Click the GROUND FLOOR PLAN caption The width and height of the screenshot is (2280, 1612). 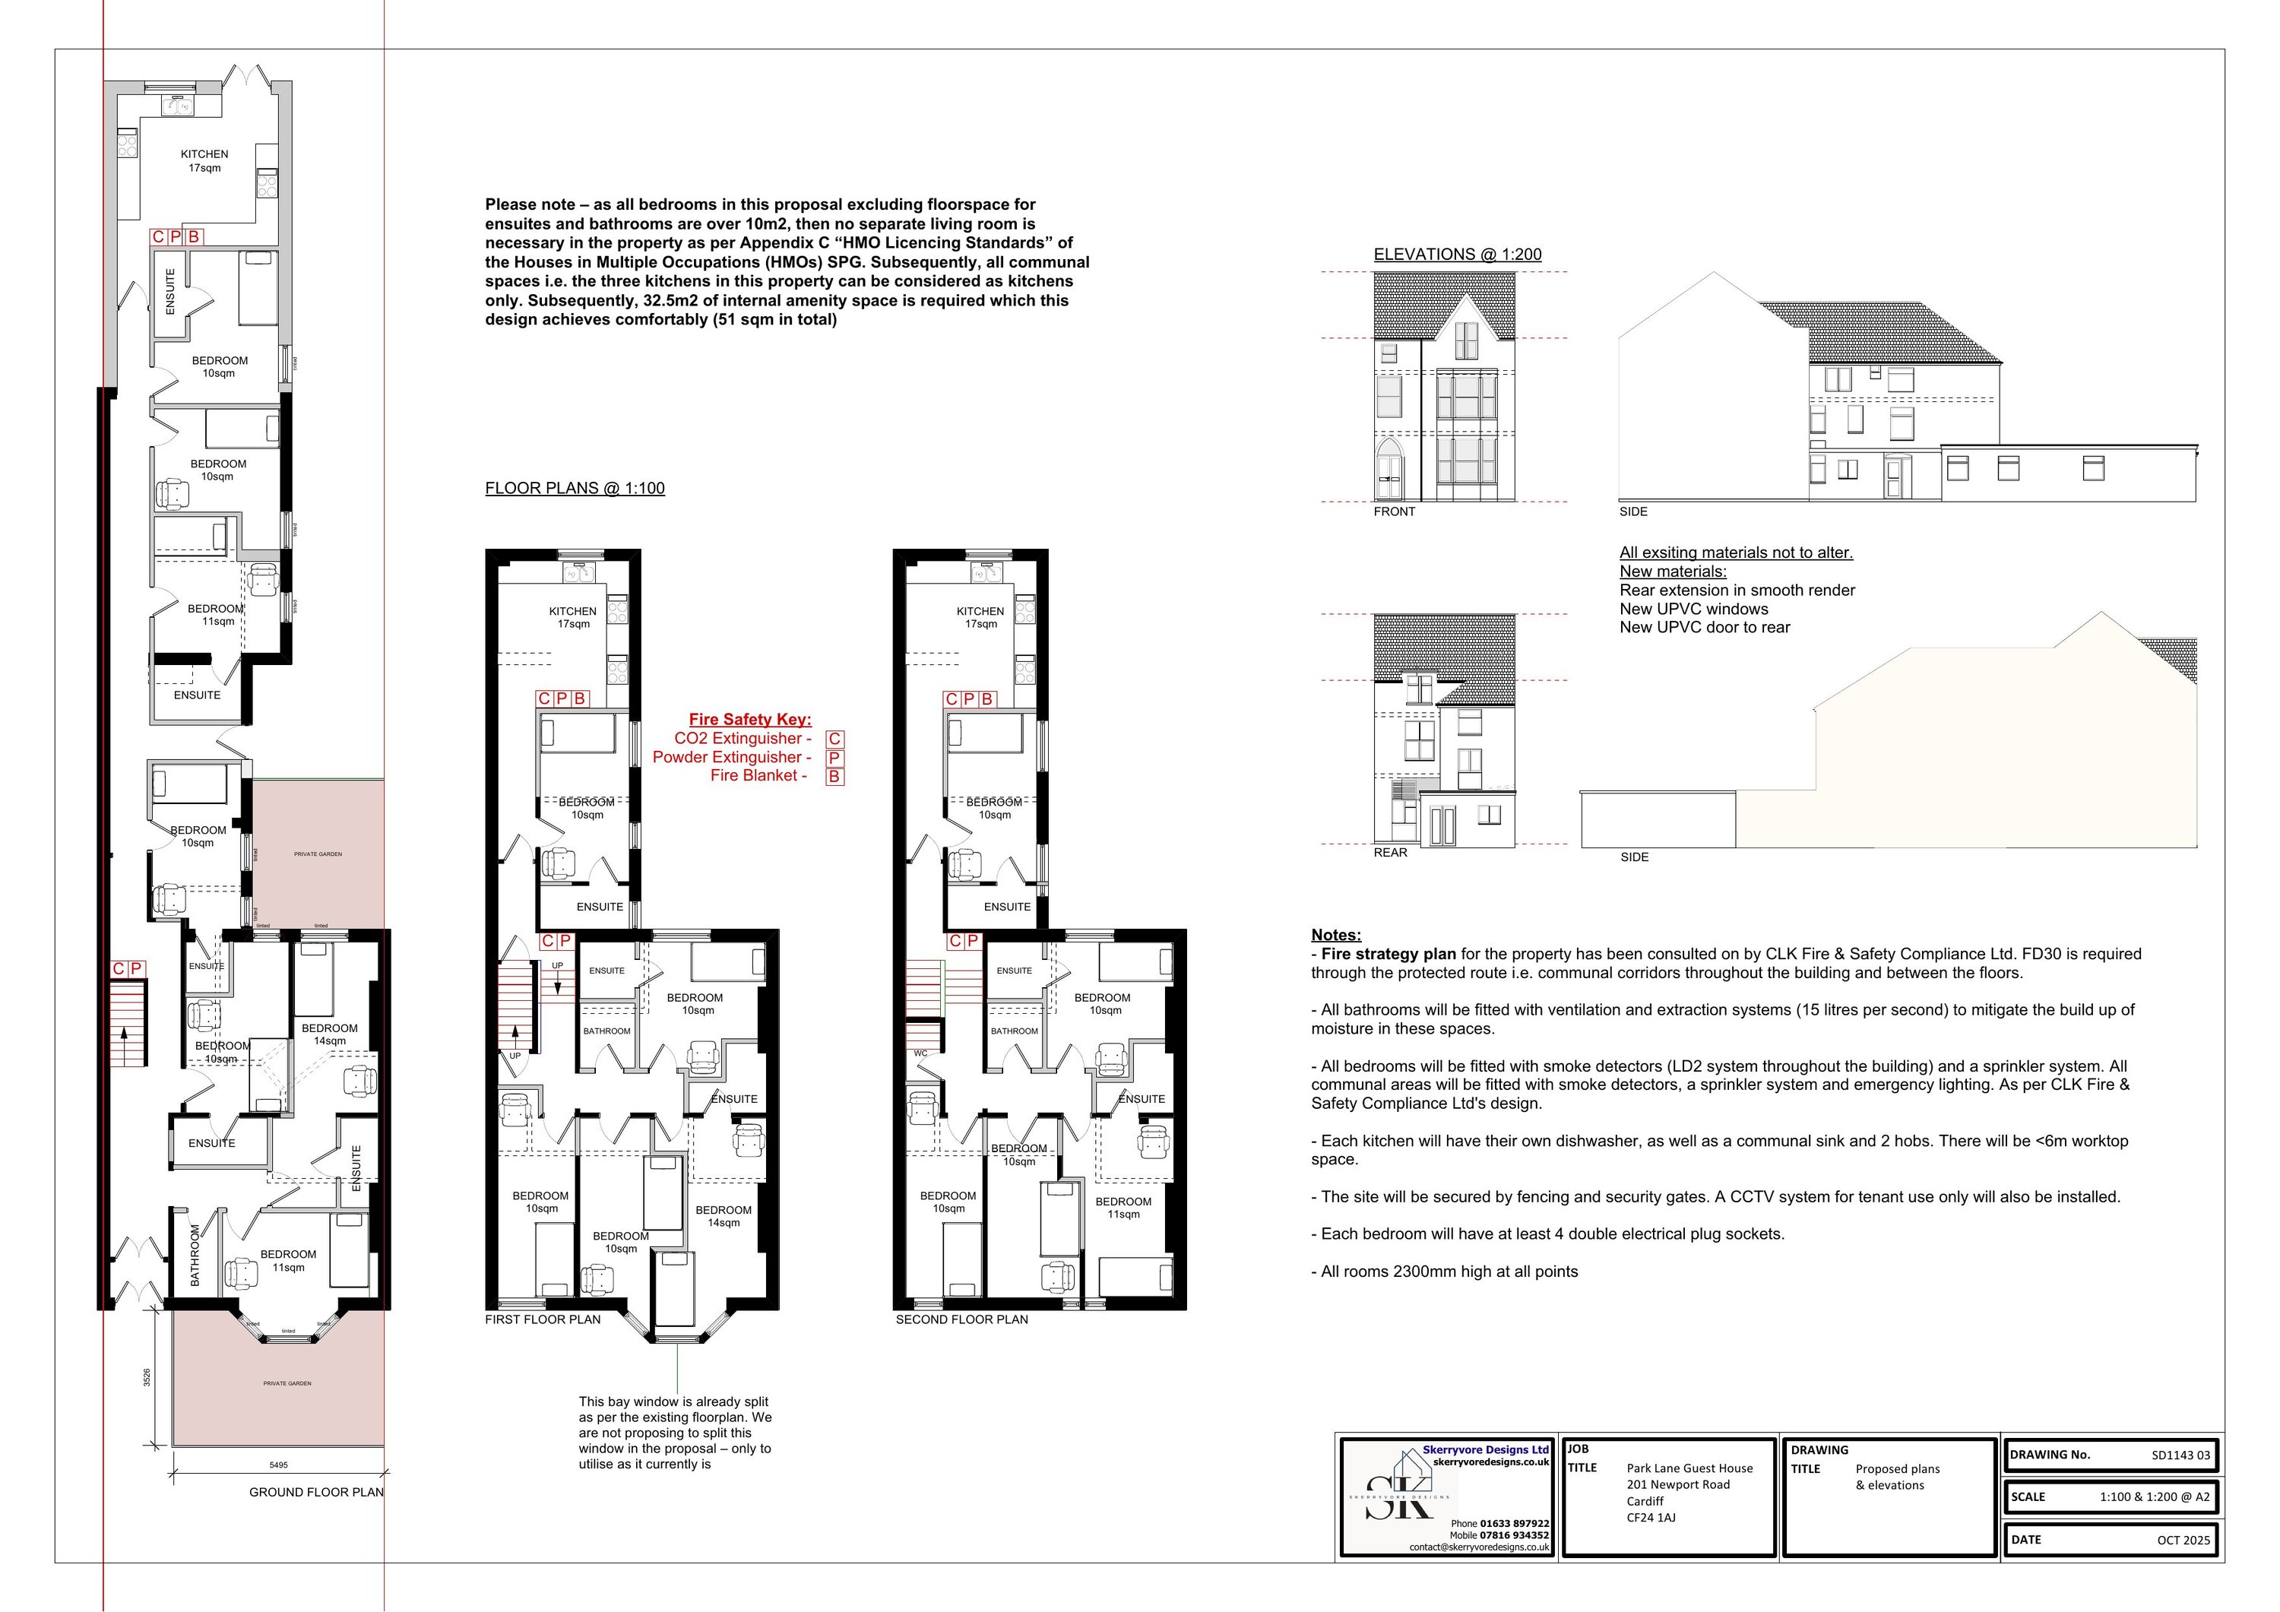point(316,1492)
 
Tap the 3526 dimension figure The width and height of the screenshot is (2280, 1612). point(147,1378)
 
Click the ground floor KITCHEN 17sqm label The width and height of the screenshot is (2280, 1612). point(204,161)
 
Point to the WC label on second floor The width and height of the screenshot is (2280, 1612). point(920,1053)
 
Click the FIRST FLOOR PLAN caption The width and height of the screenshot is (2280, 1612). point(542,1319)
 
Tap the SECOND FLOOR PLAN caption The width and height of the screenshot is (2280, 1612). point(961,1319)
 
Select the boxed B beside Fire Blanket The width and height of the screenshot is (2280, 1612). point(835,777)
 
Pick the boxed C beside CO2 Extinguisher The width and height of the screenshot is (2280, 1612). point(835,739)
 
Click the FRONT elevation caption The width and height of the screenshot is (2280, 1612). point(1394,511)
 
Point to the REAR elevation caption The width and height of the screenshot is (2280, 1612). point(1390,852)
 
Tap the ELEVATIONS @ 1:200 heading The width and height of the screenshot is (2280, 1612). point(1457,255)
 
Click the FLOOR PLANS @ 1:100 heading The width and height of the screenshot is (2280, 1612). point(574,488)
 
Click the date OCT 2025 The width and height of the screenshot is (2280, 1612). point(2183,1540)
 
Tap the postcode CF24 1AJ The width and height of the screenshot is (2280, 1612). point(1651,1518)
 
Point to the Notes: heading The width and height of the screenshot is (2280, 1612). point(1335,935)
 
